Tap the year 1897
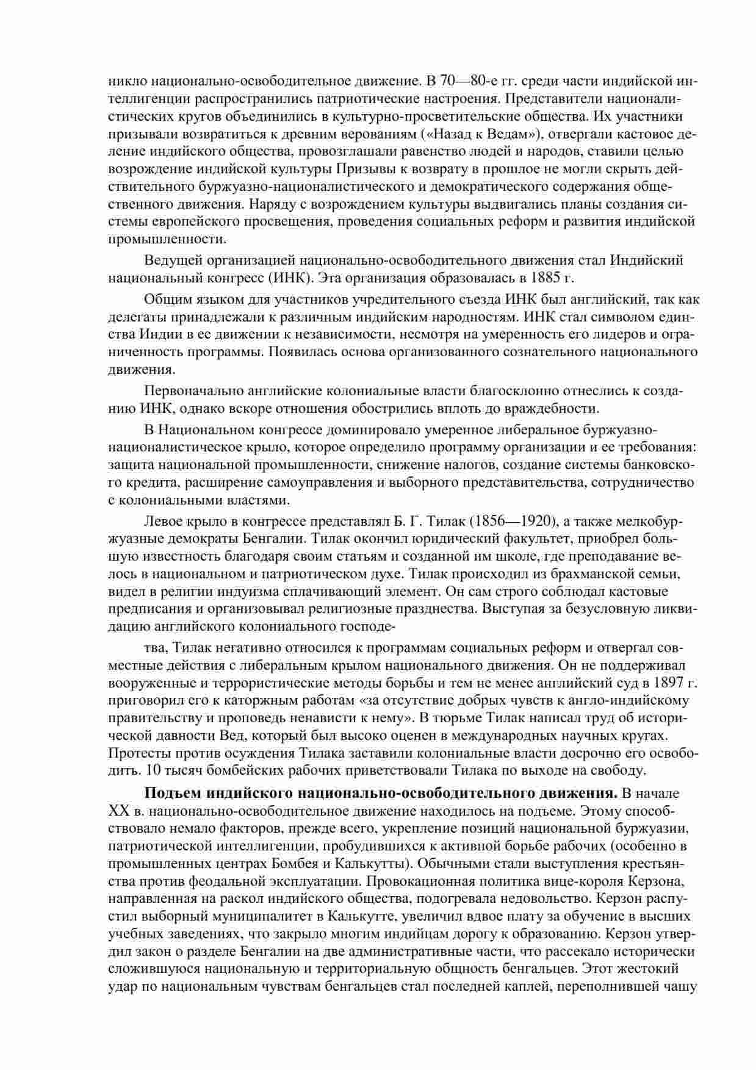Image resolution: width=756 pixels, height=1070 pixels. tap(668, 682)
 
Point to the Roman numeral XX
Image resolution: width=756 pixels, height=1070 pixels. tap(117, 811)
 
